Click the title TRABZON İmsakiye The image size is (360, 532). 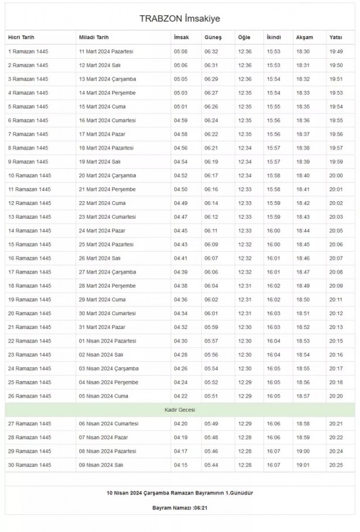pyautogui.click(x=180, y=19)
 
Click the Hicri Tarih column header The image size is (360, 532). pyautogui.click(x=22, y=38)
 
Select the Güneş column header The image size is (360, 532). pyautogui.click(x=212, y=38)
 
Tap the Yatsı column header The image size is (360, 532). pyautogui.click(x=336, y=38)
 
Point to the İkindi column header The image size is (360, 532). pyautogui.click(x=274, y=38)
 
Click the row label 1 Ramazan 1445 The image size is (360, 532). pyautogui.click(x=28, y=52)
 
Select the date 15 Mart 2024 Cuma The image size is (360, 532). pyautogui.click(x=103, y=107)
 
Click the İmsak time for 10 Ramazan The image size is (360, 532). pyautogui.click(x=181, y=175)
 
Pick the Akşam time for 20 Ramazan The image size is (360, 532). pyautogui.click(x=303, y=313)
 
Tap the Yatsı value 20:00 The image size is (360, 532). pyautogui.click(x=336, y=175)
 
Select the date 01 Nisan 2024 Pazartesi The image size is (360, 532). pyautogui.click(x=108, y=341)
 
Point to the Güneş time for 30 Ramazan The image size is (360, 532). pyautogui.click(x=211, y=465)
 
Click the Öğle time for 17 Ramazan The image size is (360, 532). pyautogui.click(x=244, y=272)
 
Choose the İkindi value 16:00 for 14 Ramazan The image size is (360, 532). pyautogui.click(x=274, y=231)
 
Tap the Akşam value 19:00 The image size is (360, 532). pyautogui.click(x=303, y=451)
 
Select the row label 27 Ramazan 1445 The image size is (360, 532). pyautogui.click(x=29, y=423)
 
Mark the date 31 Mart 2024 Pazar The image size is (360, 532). pyautogui.click(x=103, y=327)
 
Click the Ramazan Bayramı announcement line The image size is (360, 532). pyautogui.click(x=180, y=493)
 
